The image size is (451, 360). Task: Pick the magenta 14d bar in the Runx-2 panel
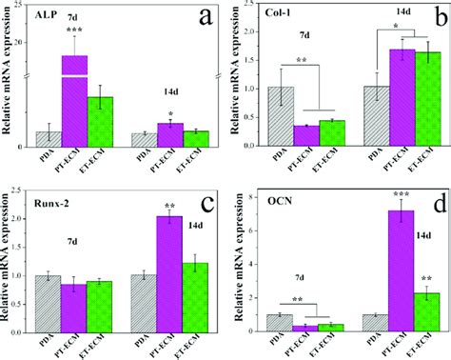[169, 274]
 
